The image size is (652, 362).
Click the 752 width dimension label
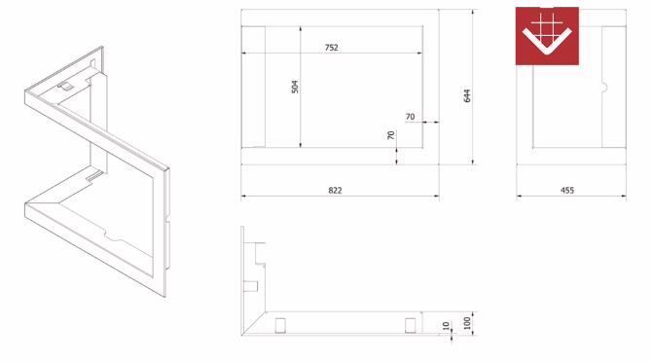(332, 48)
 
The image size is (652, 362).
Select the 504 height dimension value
(295, 87)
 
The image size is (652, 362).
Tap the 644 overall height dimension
(467, 95)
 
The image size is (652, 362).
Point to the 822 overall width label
(335, 191)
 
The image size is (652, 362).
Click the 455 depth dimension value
(567, 191)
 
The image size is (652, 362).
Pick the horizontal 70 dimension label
(410, 117)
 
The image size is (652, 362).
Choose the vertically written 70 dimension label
(391, 135)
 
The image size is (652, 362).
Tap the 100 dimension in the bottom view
(466, 323)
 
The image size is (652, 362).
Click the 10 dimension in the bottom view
(446, 326)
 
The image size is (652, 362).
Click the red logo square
(547, 36)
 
